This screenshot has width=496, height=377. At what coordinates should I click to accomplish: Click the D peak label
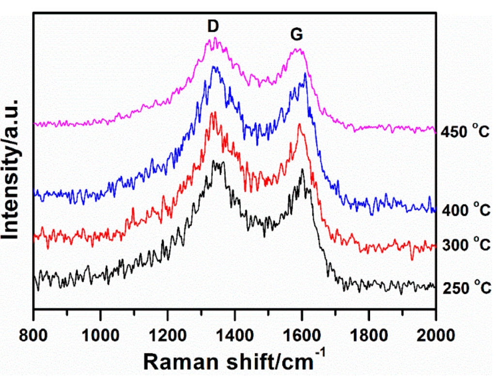pyautogui.click(x=213, y=28)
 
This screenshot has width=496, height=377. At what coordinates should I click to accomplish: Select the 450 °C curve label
pyautogui.click(x=466, y=132)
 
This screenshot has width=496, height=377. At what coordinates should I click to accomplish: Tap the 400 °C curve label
pyautogui.click(x=466, y=211)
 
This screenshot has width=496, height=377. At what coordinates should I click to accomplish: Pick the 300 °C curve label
pyautogui.click(x=466, y=245)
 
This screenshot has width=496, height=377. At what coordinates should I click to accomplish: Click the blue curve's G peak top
pyautogui.click(x=305, y=74)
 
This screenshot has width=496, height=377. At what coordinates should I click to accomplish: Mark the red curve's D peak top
pyautogui.click(x=213, y=113)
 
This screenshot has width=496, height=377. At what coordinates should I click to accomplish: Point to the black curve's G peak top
pyautogui.click(x=302, y=170)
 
